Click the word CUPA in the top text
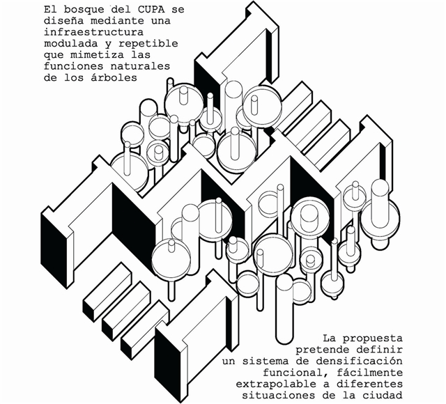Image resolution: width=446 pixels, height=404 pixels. [x=151, y=9]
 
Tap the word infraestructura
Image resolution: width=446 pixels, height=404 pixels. [x=93, y=32]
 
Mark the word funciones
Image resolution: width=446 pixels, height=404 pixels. [x=74, y=66]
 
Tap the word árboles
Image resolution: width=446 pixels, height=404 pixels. [x=114, y=77]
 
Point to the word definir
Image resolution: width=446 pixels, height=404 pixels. [x=379, y=350]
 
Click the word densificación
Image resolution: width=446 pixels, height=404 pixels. [x=360, y=361]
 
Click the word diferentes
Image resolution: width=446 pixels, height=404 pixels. [x=369, y=384]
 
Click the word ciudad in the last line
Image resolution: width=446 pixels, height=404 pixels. [x=383, y=395]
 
